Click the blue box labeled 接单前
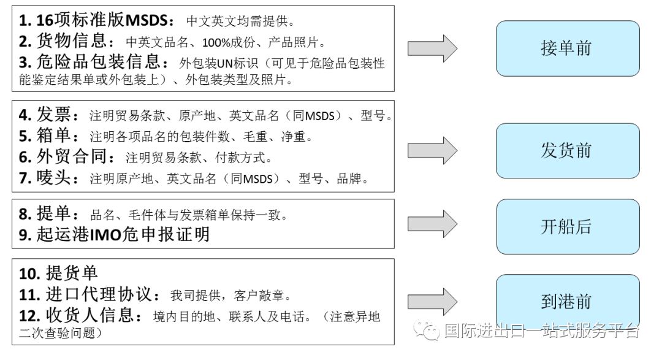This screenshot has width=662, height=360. [x=567, y=48]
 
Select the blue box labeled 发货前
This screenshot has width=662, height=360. [x=567, y=151]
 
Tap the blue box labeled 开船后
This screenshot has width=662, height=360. [x=567, y=226]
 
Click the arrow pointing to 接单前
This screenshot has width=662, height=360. [x=432, y=48]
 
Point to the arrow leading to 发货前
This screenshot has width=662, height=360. [x=432, y=151]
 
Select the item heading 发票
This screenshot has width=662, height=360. [x=58, y=115]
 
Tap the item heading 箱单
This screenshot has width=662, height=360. [x=58, y=136]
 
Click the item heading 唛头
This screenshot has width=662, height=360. [x=58, y=178]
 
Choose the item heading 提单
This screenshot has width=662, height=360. [x=58, y=214]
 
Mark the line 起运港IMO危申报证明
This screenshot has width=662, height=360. [x=114, y=234]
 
